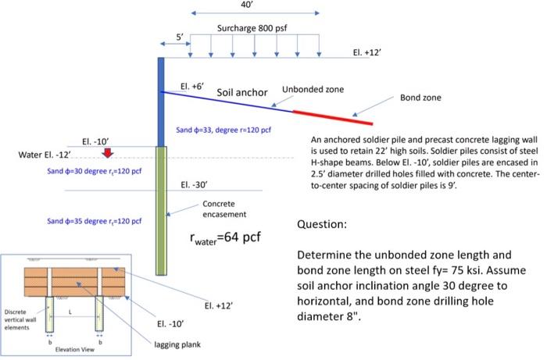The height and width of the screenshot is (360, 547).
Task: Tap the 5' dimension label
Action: pyautogui.click(x=179, y=37)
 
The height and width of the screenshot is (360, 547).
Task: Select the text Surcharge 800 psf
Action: pyautogui.click(x=252, y=29)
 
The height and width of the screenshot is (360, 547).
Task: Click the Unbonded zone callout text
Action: pyautogui.click(x=313, y=89)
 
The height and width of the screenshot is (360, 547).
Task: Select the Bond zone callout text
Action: pyautogui.click(x=420, y=98)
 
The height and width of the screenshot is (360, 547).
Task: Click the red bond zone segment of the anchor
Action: pyautogui.click(x=333, y=117)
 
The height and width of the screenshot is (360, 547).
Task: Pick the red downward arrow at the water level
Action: pyautogui.click(x=108, y=151)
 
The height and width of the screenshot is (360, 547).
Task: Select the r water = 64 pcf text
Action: pyautogui.click(x=227, y=237)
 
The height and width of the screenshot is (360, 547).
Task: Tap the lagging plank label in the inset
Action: pyautogui.click(x=174, y=344)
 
